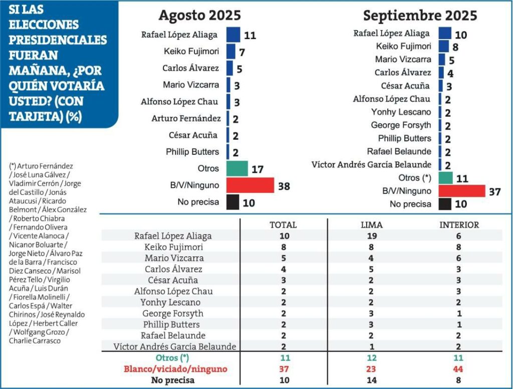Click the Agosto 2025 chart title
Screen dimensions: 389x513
point(199,15)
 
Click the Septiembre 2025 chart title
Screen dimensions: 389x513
point(420,15)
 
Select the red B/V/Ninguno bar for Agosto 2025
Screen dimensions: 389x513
point(250,185)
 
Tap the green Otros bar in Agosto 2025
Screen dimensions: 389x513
point(237,169)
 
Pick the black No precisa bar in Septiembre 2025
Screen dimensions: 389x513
point(445,204)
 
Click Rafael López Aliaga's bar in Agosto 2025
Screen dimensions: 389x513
point(233,35)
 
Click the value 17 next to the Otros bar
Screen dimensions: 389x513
point(258,169)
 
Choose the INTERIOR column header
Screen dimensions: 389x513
point(459,225)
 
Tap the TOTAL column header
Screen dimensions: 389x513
point(283,225)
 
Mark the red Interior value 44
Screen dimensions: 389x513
point(459,369)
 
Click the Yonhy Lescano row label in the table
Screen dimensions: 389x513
point(173,302)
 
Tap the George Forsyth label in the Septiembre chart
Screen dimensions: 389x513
point(401,125)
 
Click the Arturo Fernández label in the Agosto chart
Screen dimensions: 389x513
point(186,119)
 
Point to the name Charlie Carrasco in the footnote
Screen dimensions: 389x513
point(35,341)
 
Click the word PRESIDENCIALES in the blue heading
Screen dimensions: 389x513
point(58,40)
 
